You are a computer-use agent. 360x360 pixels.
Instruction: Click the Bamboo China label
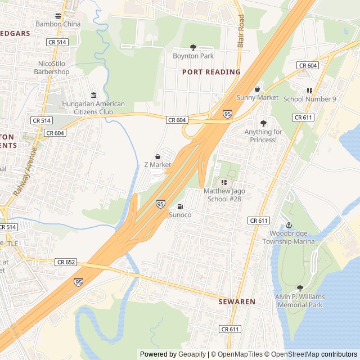point(58,24)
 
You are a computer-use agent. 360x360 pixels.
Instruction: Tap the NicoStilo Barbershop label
point(51,67)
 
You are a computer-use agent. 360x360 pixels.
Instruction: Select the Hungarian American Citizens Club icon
point(93,95)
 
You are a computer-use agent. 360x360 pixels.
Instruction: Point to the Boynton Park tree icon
point(193,47)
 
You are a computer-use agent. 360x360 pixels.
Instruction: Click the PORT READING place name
point(211,72)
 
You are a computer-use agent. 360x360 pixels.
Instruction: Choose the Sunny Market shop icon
point(257,89)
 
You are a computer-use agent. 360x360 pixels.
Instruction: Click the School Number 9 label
point(309,99)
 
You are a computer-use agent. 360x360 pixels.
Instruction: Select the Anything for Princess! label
point(263,136)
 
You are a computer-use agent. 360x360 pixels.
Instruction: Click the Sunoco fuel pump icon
point(180,206)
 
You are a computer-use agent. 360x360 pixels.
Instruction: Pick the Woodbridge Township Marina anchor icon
point(289,225)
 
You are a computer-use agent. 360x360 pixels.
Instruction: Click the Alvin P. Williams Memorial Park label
point(300,301)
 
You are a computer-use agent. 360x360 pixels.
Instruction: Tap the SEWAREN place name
point(236,301)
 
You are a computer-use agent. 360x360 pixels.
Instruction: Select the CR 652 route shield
point(66,262)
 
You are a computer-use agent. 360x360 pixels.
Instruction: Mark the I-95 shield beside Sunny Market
point(227,114)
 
